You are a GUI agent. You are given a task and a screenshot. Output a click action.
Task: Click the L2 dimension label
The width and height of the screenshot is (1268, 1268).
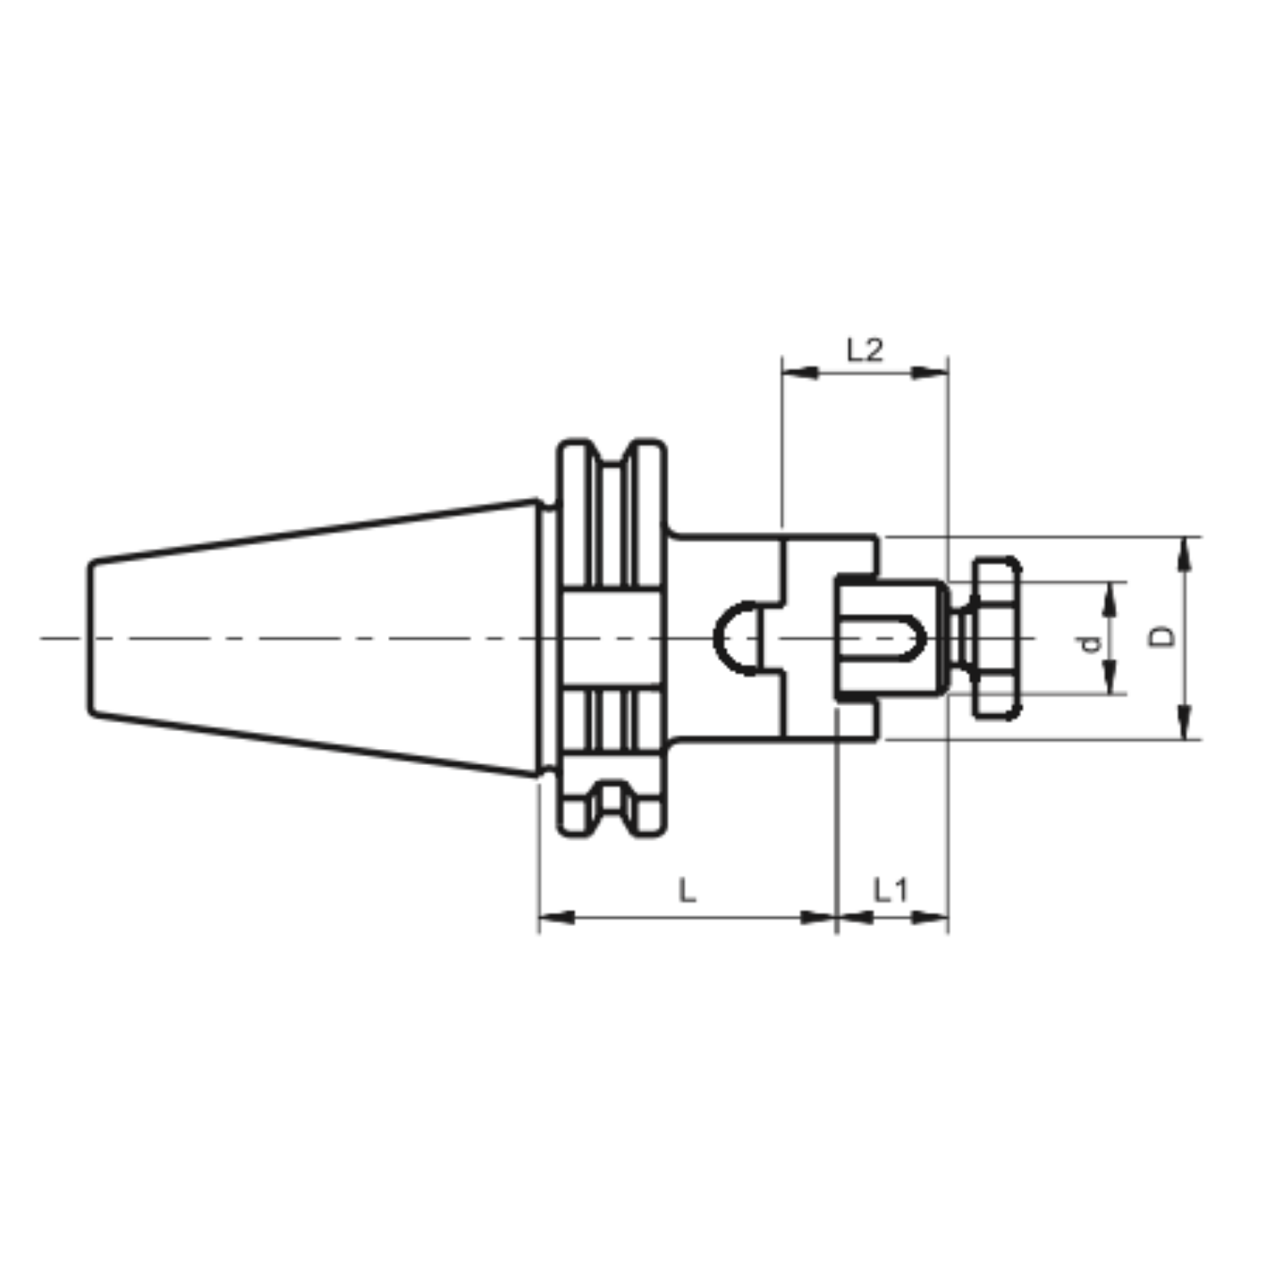pyautogui.click(x=865, y=349)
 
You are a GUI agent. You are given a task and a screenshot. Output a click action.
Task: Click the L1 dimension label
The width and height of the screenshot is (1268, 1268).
pyautogui.click(x=890, y=889)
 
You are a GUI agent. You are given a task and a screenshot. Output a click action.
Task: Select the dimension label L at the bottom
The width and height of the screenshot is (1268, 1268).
pyautogui.click(x=687, y=889)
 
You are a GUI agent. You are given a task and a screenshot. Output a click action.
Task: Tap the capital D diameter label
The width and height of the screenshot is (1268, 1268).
pyautogui.click(x=1164, y=637)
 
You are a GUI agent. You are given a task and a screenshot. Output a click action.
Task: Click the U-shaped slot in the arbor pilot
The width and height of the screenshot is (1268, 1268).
pyautogui.click(x=901, y=638)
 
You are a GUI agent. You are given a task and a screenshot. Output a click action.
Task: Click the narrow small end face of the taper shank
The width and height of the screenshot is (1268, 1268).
pyautogui.click(x=90, y=638)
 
